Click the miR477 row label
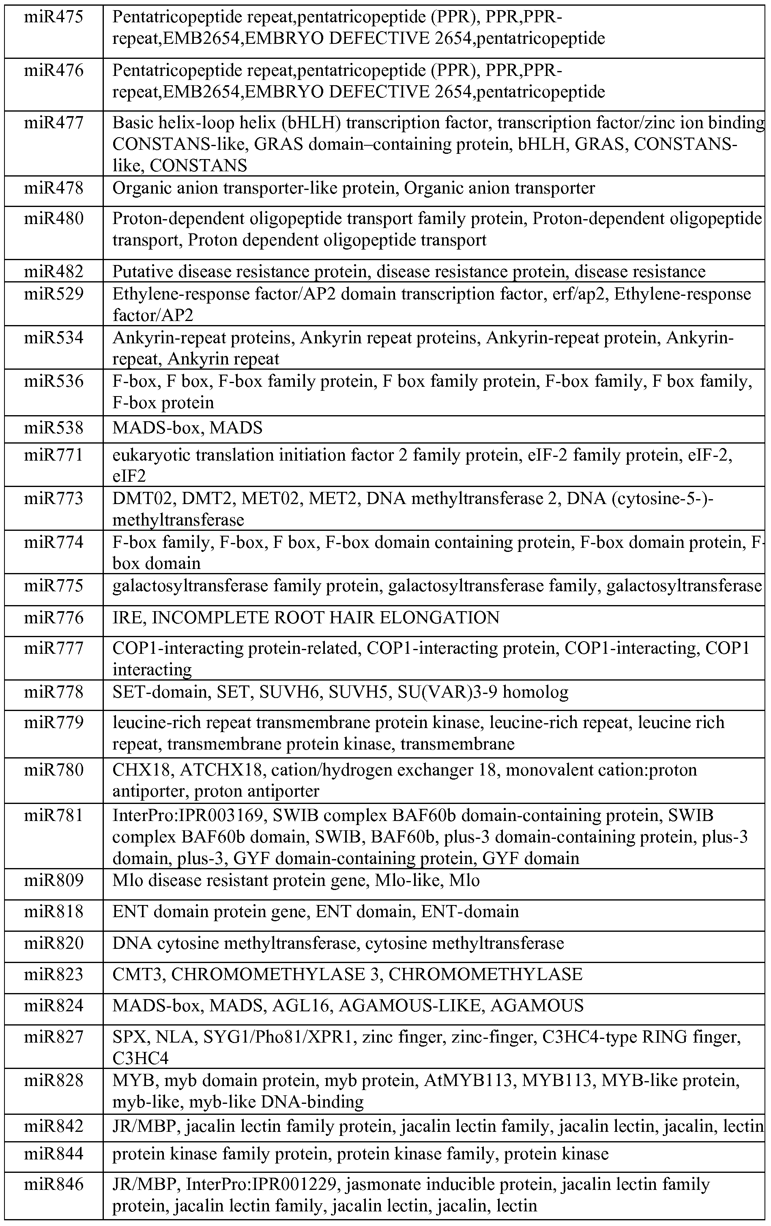point(54,123)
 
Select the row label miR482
point(54,271)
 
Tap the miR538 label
point(54,427)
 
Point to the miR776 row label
point(54,618)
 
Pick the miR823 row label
point(54,974)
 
